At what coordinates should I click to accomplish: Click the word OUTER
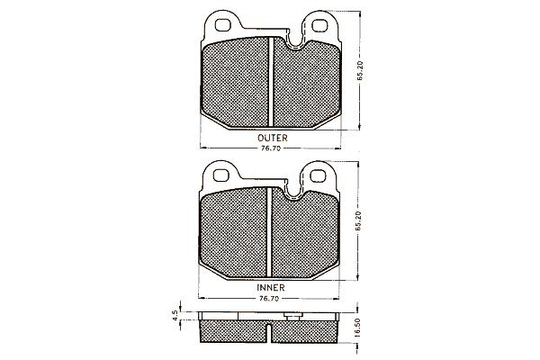[272, 138]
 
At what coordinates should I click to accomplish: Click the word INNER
[271, 287]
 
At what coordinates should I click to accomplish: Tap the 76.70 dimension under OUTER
[270, 148]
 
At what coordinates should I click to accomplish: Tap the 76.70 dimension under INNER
[268, 299]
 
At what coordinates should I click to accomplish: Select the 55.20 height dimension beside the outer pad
[360, 71]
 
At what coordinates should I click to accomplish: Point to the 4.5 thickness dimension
[175, 316]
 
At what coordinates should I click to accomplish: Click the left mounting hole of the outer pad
[222, 25]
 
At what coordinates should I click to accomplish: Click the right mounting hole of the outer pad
[319, 26]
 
